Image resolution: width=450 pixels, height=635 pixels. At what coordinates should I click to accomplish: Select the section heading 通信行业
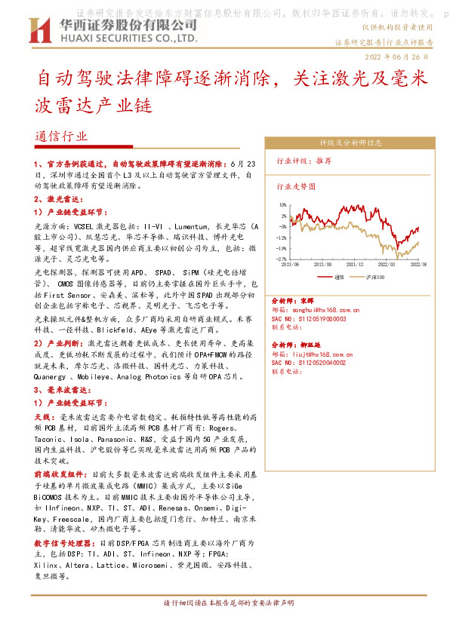(x=61, y=137)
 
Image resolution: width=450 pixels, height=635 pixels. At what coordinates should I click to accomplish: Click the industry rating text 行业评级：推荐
(x=304, y=161)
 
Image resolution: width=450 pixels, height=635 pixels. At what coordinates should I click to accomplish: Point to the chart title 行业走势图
(x=296, y=186)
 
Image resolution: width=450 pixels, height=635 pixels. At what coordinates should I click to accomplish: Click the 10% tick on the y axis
(x=282, y=204)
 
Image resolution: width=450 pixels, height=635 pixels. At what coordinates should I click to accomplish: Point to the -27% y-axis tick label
(x=281, y=258)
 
